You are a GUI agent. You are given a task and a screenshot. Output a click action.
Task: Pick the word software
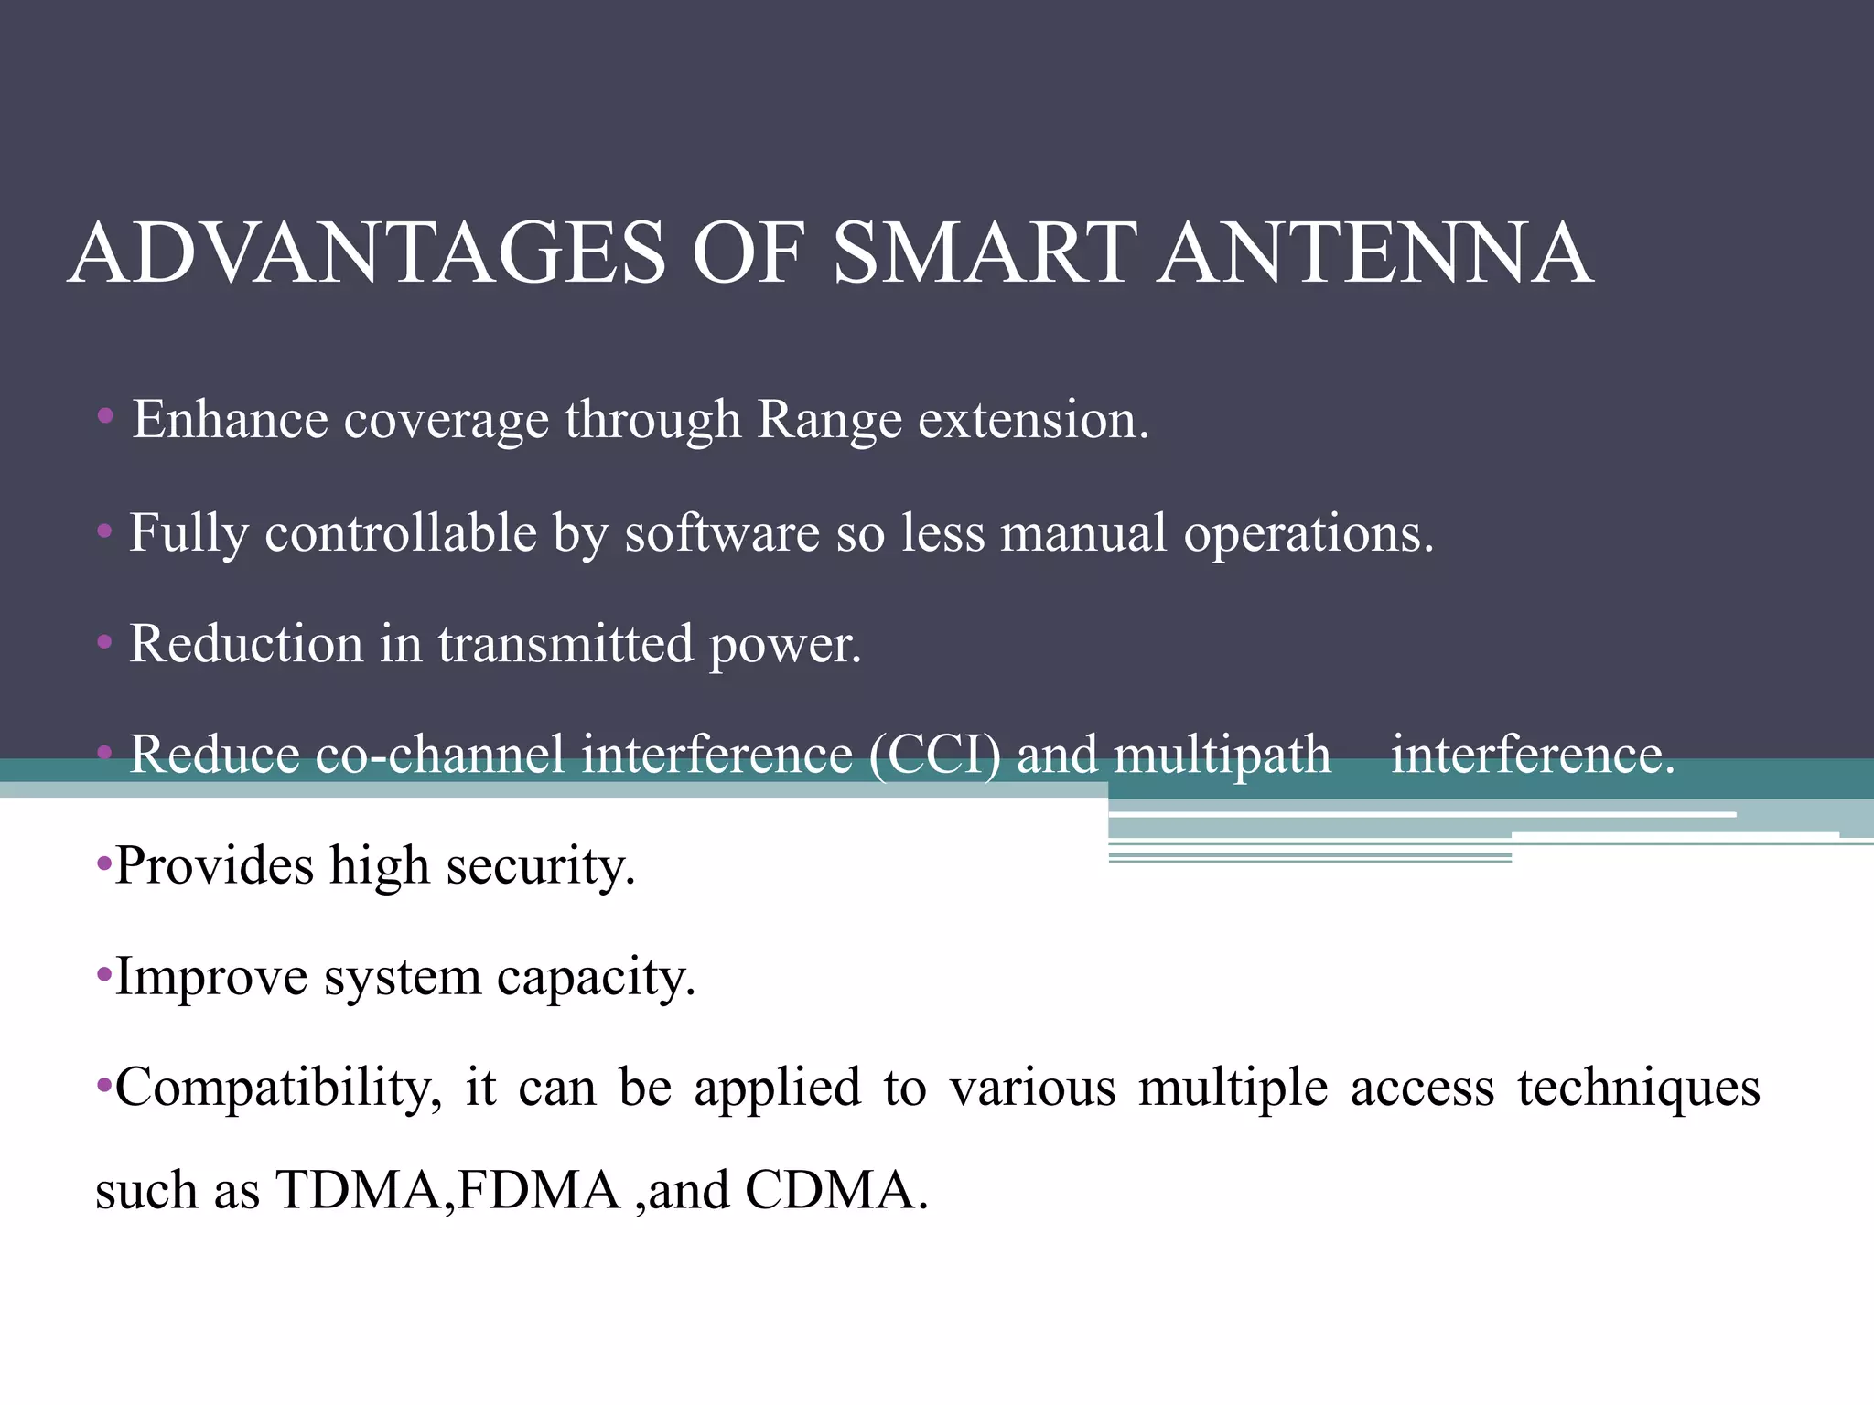pyautogui.click(x=722, y=532)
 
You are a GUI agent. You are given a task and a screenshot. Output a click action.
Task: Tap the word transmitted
pyautogui.click(x=565, y=643)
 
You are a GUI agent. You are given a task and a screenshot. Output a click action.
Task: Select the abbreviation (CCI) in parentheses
pyautogui.click(x=934, y=756)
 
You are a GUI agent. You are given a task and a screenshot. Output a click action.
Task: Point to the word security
pyautogui.click(x=540, y=866)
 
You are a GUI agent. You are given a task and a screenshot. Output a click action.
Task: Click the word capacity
pyautogui.click(x=596, y=978)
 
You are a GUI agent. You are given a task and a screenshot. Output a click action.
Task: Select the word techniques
pyautogui.click(x=1638, y=1089)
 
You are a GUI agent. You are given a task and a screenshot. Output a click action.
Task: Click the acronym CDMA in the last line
pyautogui.click(x=835, y=1190)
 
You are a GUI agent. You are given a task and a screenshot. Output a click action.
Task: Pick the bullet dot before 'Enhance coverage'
pyautogui.click(x=105, y=417)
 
